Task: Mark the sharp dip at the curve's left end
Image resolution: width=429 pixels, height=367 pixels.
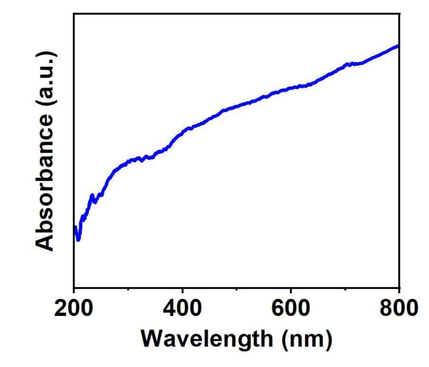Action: pyautogui.click(x=78, y=239)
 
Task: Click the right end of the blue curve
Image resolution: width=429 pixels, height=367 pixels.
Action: pyautogui.click(x=398, y=46)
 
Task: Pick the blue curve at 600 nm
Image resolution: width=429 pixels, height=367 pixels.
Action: pyautogui.click(x=291, y=88)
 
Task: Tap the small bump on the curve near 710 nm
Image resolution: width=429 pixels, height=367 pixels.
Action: pyautogui.click(x=349, y=63)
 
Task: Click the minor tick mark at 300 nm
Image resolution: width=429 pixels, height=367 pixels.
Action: pyautogui.click(x=128, y=287)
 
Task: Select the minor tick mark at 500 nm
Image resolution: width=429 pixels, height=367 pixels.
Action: pyautogui.click(x=237, y=287)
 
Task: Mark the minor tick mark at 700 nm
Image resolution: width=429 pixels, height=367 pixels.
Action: pyautogui.click(x=345, y=287)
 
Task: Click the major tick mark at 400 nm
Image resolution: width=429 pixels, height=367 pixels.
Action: pyautogui.click(x=183, y=285)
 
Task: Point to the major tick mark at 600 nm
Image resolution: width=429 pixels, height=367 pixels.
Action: pyautogui.click(x=291, y=285)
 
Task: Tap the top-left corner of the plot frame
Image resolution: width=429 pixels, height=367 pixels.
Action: pyautogui.click(x=74, y=13)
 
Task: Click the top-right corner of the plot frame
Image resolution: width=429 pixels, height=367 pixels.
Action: pyautogui.click(x=399, y=13)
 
